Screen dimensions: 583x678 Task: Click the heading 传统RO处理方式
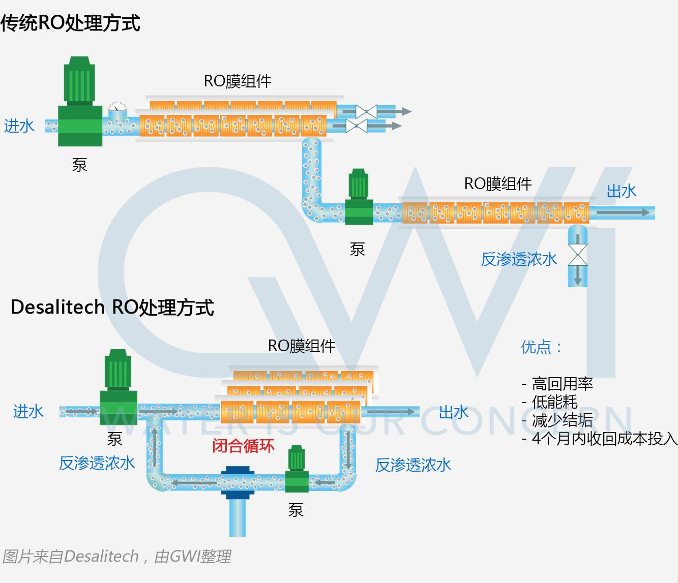pyautogui.click(x=70, y=23)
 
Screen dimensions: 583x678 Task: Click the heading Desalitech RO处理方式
pyautogui.click(x=112, y=308)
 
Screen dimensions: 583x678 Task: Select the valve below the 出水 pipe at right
pyautogui.click(x=577, y=255)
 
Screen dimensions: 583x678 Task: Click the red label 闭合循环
pyautogui.click(x=244, y=446)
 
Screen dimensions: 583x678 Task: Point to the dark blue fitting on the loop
pyautogui.click(x=238, y=481)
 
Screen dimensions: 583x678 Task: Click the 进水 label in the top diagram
pyautogui.click(x=19, y=126)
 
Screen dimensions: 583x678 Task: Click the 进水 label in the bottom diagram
pyautogui.click(x=28, y=411)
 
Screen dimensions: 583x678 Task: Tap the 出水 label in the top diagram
pyautogui.click(x=622, y=191)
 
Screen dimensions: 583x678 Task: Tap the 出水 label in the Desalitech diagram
pyautogui.click(x=454, y=412)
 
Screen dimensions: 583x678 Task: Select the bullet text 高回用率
pyautogui.click(x=562, y=384)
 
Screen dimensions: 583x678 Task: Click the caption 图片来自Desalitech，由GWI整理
pyautogui.click(x=116, y=557)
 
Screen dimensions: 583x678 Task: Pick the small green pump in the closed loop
pyautogui.click(x=297, y=470)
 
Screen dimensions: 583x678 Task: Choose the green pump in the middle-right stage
pyautogui.click(x=359, y=198)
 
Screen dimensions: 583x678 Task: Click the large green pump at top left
pyautogui.click(x=80, y=104)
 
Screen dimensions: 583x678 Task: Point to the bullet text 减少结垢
pyautogui.click(x=562, y=420)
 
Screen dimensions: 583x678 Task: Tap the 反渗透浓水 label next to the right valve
pyautogui.click(x=519, y=259)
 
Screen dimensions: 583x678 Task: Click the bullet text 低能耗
pyautogui.click(x=554, y=402)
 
